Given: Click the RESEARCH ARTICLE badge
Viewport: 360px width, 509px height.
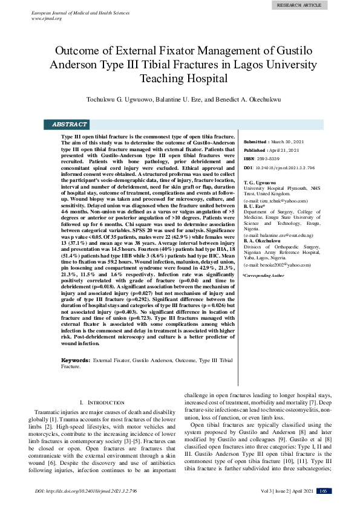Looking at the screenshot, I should coord(299,5).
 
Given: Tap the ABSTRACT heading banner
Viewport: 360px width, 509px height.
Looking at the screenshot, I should coord(69,124).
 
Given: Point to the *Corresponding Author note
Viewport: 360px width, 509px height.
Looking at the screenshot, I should coord(263,275).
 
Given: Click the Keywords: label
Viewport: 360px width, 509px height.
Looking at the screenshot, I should coord(76,360).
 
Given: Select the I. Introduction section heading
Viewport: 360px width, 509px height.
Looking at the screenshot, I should coord(98,402).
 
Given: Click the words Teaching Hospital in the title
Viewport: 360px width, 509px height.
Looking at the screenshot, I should coord(180,78).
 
